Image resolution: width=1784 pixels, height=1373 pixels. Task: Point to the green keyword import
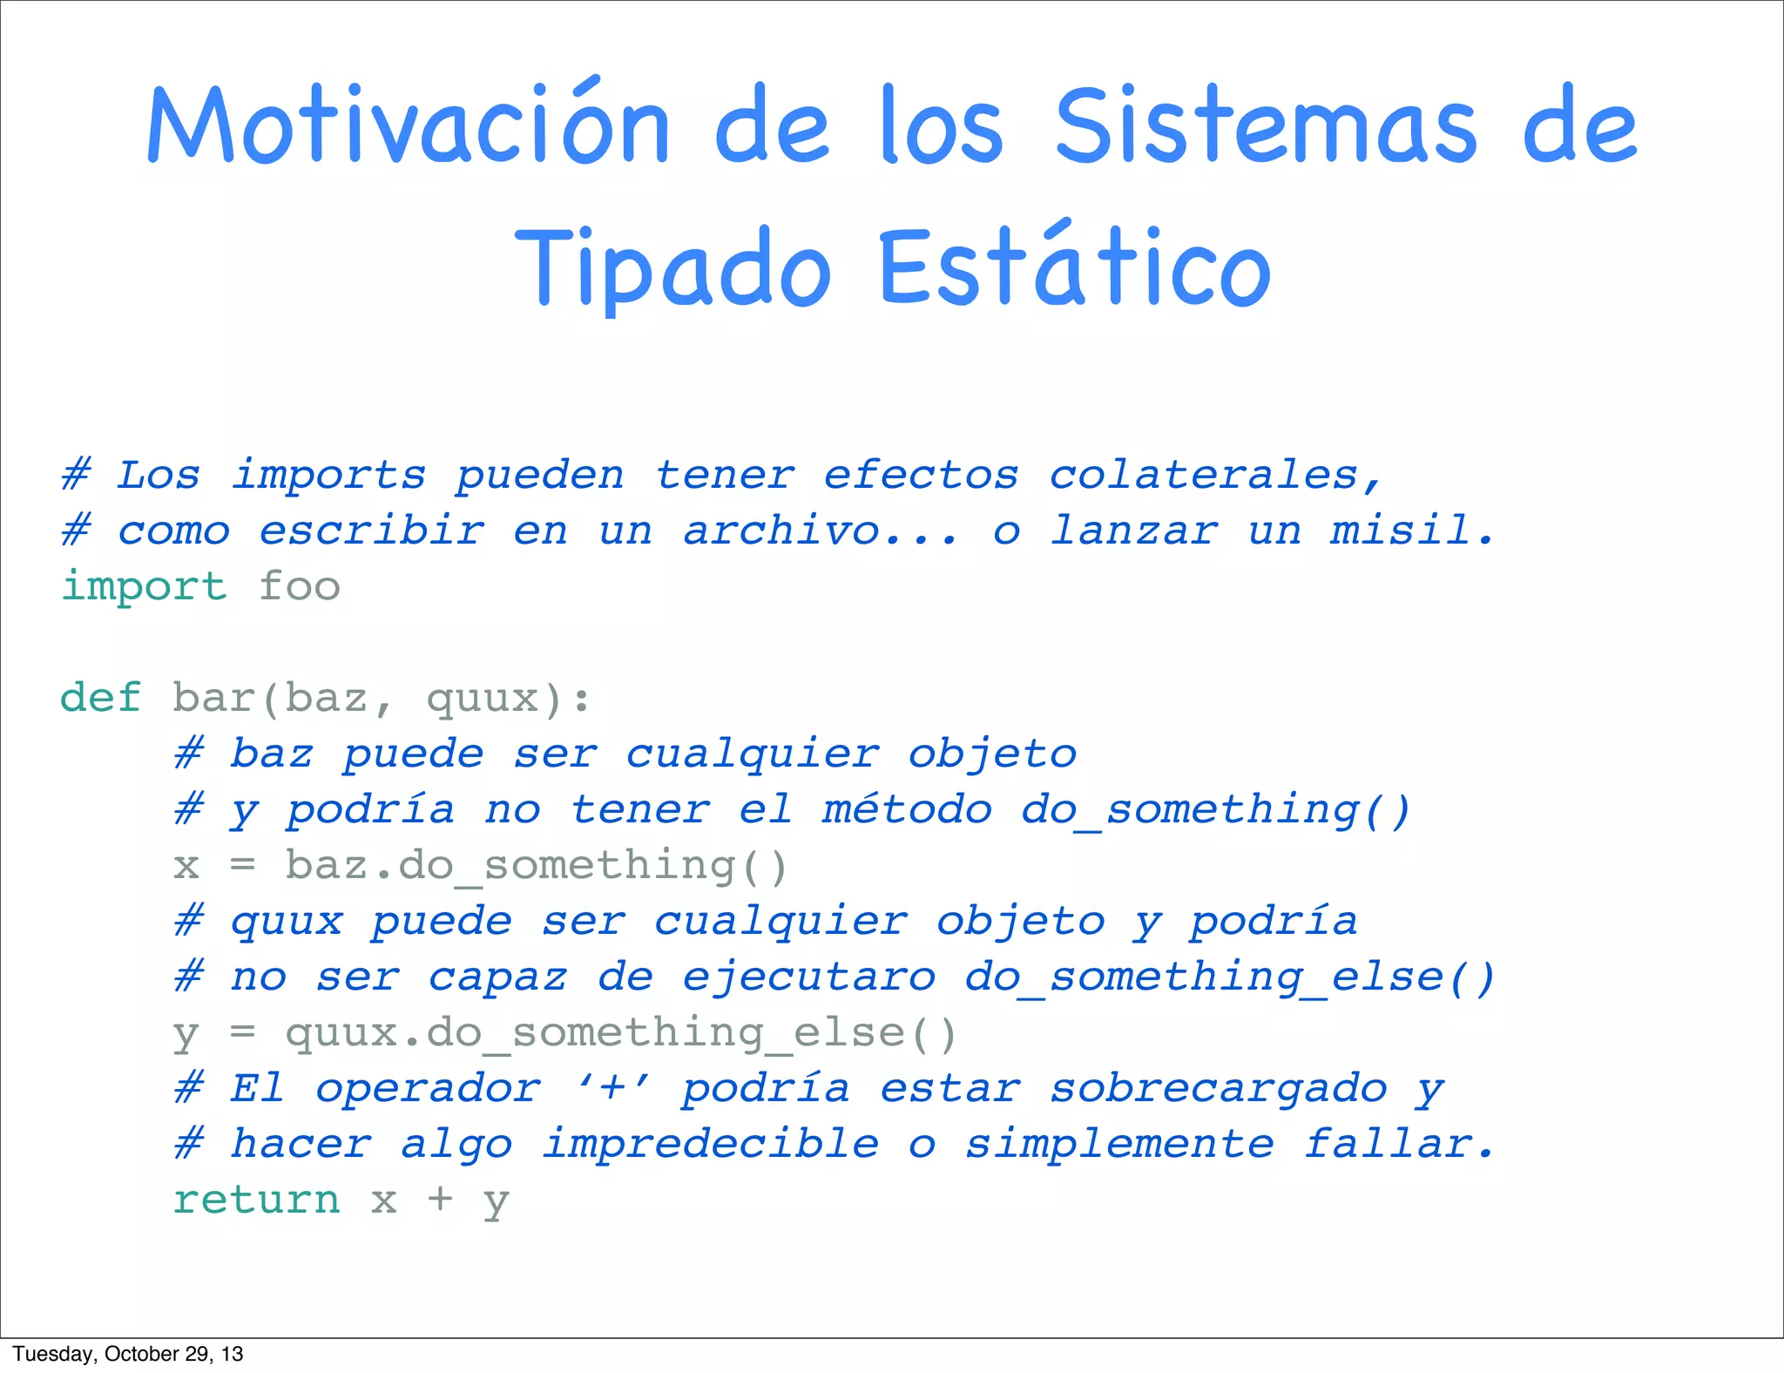point(144,586)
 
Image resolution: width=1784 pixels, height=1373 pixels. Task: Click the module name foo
point(299,586)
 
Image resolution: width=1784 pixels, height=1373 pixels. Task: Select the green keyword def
point(100,698)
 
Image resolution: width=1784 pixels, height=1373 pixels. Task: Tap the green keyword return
point(256,1200)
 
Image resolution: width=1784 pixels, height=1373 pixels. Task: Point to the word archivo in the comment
point(781,531)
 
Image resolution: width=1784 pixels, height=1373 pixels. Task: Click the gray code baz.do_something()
point(536,866)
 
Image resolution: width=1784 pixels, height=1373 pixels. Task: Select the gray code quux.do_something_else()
point(620,1033)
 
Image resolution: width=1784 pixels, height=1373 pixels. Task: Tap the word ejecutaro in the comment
point(809,977)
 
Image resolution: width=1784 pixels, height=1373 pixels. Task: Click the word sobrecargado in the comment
point(1218,1089)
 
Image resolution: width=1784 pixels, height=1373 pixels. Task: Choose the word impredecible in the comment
point(711,1144)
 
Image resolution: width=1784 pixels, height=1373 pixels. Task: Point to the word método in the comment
point(907,810)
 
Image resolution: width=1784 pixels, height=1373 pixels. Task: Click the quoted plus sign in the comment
point(612,1089)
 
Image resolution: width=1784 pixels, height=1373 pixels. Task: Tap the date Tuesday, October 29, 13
point(128,1354)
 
